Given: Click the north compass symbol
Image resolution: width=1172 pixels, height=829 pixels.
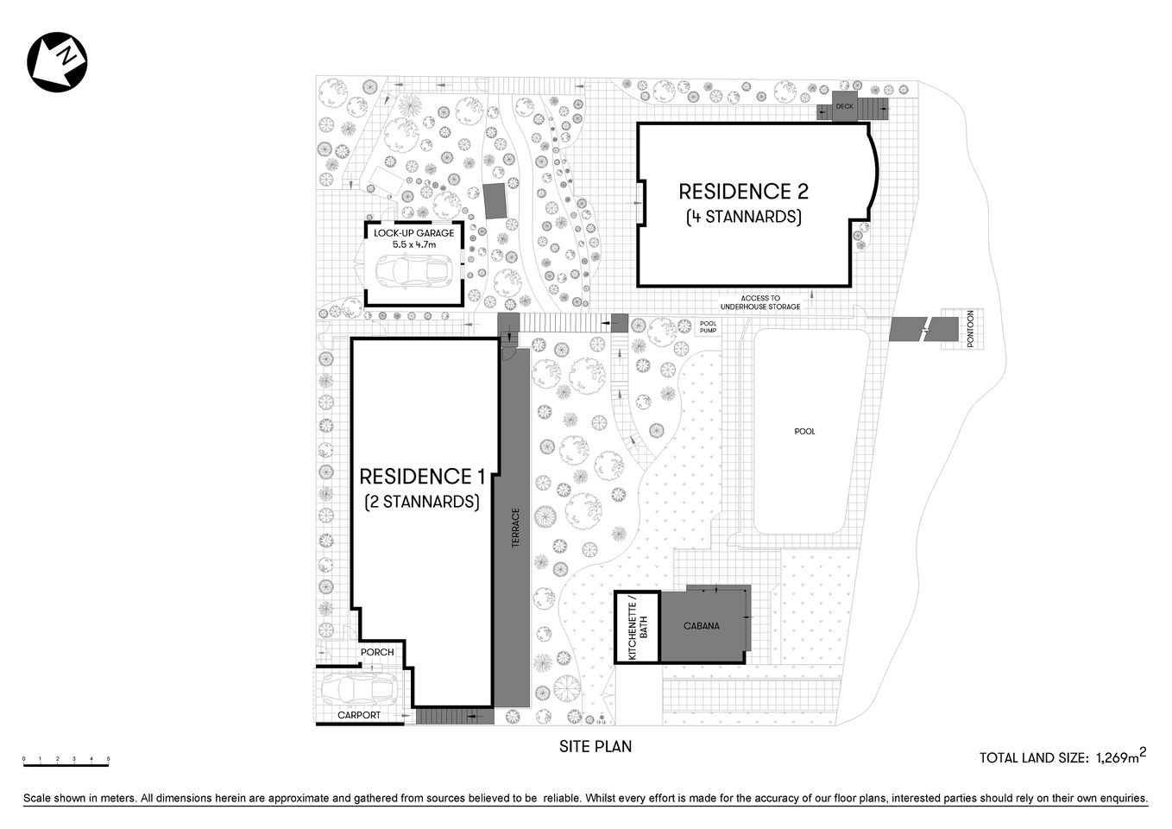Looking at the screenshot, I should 58,61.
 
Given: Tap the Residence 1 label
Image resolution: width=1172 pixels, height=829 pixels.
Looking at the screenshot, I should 422,477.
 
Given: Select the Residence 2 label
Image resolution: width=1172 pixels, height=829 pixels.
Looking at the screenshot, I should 743,192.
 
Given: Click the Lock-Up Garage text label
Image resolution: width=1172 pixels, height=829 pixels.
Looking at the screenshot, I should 413,233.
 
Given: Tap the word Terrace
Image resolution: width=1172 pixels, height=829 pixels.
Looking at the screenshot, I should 515,528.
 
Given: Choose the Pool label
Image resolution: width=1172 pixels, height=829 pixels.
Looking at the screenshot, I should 804,431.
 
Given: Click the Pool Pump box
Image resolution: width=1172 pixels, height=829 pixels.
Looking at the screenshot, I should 708,327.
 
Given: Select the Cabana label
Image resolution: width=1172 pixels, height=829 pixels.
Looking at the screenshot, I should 702,626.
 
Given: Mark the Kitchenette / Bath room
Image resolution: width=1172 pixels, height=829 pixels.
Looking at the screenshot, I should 637,627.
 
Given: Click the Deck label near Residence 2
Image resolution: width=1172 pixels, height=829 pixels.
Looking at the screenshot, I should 843,107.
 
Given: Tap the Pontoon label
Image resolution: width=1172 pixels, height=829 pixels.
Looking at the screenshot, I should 970,329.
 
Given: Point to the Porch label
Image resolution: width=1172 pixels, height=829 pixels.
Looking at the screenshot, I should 377,652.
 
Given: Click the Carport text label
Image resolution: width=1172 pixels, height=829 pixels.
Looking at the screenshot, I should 359,715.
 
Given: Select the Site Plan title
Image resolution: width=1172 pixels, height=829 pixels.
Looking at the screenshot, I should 595,746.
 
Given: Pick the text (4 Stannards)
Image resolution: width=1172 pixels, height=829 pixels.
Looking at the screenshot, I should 743,217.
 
